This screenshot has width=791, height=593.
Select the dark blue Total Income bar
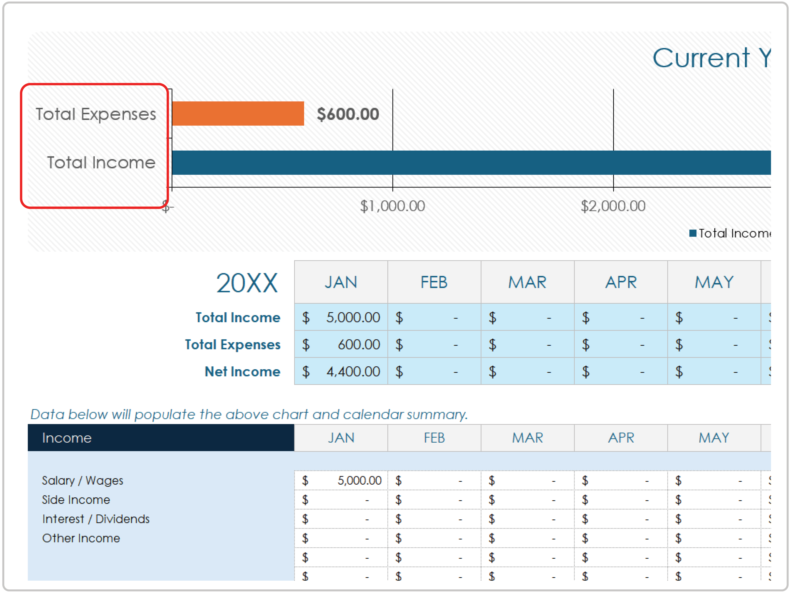click(465, 163)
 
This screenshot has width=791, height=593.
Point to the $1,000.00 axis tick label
click(392, 206)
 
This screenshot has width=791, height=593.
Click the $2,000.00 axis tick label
click(613, 206)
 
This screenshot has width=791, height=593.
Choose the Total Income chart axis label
click(101, 163)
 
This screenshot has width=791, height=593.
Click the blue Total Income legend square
click(693, 233)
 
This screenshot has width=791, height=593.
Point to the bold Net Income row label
click(242, 372)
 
